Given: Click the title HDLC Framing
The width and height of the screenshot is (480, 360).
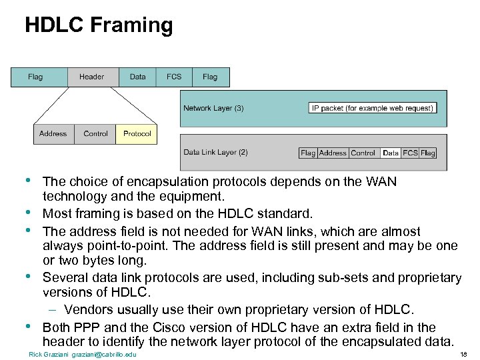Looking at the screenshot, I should (x=99, y=25).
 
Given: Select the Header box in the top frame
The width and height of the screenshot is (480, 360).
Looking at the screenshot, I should (x=91, y=77).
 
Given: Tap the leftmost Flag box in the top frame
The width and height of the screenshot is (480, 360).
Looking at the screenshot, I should (x=35, y=77).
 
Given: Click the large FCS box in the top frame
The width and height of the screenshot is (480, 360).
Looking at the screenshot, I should (x=174, y=77).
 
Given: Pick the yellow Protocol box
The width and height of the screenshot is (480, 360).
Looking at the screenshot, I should (x=137, y=134).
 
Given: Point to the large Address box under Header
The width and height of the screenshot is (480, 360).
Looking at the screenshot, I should (x=53, y=134).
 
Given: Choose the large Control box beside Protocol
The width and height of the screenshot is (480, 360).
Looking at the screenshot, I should (x=95, y=134).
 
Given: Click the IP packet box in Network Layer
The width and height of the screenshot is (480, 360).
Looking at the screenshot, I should (x=373, y=108).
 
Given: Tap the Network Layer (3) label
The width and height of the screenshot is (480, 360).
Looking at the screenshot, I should (x=213, y=108).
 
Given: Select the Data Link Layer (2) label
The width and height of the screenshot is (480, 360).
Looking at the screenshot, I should (x=215, y=152).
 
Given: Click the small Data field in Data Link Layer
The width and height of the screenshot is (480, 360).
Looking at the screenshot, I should (x=391, y=153).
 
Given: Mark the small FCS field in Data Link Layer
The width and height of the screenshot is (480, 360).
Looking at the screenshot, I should (x=410, y=153).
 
